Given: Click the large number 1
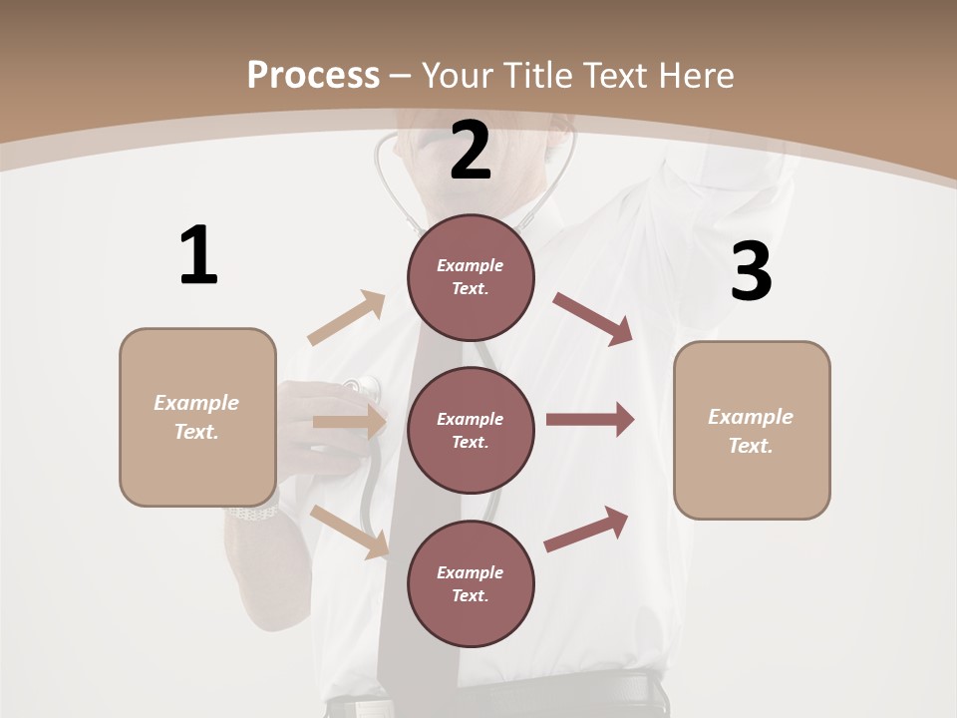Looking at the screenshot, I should [x=198, y=255].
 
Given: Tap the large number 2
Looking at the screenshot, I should [x=471, y=151].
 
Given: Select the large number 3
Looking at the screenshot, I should [x=751, y=271].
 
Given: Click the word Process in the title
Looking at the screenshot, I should [x=313, y=75].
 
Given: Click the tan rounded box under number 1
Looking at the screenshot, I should [x=197, y=417].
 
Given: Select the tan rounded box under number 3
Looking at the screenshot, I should [x=752, y=430].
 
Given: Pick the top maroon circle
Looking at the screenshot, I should [x=471, y=277].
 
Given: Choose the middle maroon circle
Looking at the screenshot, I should [x=471, y=430].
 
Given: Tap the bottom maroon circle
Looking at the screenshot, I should [x=471, y=583].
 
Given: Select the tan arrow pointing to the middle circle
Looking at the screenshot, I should [x=349, y=422].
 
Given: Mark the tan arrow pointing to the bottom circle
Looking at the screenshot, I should [x=350, y=532].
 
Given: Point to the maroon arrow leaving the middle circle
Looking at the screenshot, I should [x=590, y=419].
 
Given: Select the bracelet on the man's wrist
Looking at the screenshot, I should [x=251, y=513].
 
